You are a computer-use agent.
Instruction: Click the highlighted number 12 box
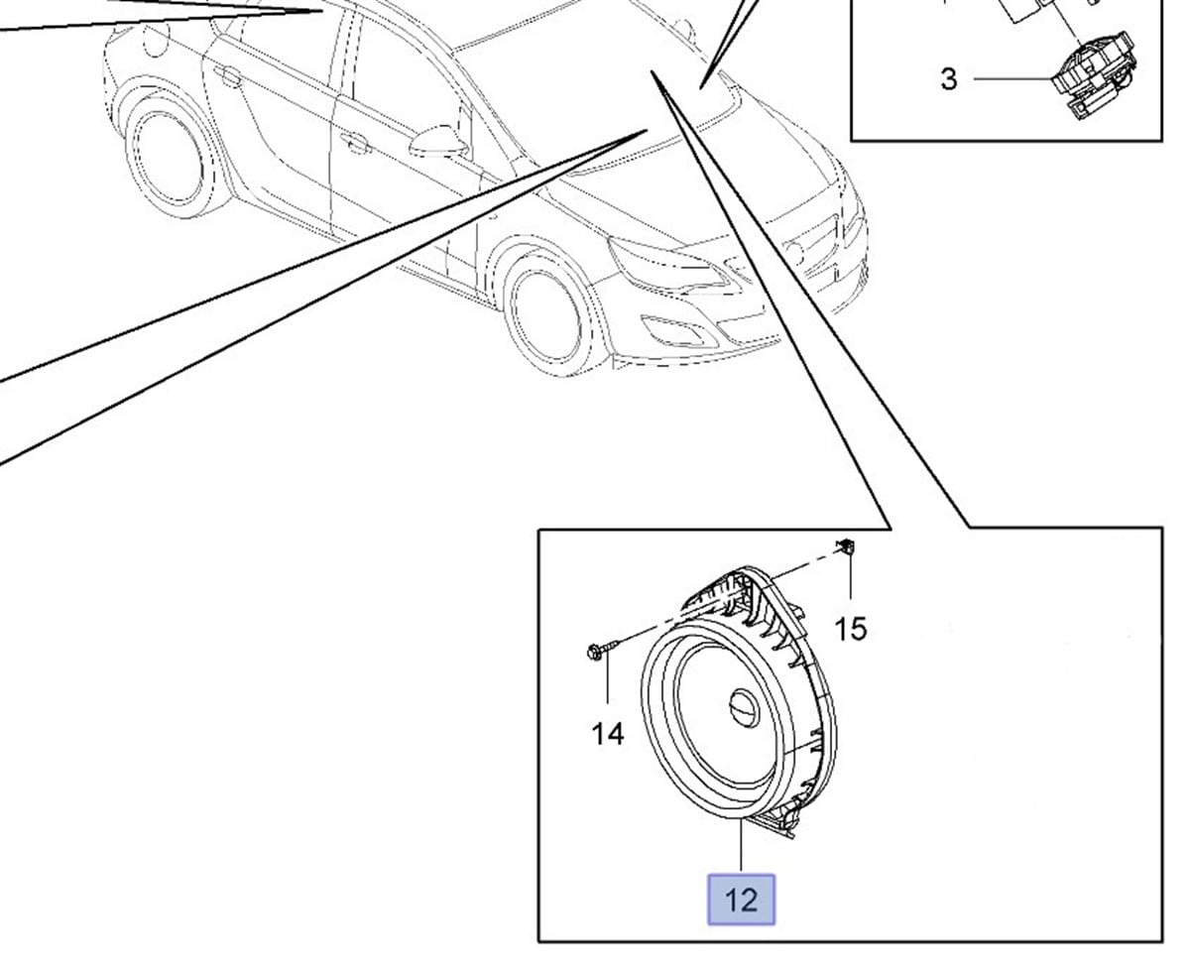click(741, 900)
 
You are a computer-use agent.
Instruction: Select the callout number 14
click(608, 734)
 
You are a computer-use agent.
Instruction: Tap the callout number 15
click(851, 628)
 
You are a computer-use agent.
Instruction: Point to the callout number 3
click(948, 79)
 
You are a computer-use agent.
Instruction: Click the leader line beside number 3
click(1011, 79)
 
